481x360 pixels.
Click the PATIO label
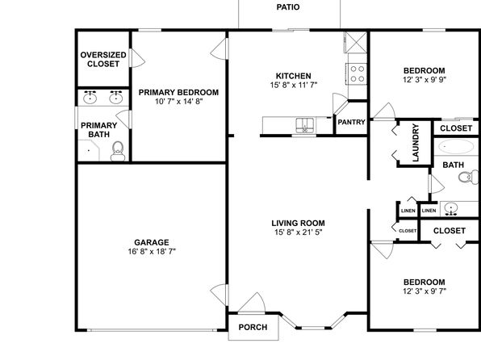click(x=288, y=7)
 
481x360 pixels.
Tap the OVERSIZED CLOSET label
click(x=103, y=59)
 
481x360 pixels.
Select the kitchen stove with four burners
click(x=357, y=73)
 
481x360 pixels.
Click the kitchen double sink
click(x=305, y=125)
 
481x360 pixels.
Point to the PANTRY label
click(x=351, y=122)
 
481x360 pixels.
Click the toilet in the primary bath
click(x=118, y=151)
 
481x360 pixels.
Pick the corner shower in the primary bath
click(x=89, y=150)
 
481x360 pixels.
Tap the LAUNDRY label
click(x=416, y=143)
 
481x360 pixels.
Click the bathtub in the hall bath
click(x=455, y=147)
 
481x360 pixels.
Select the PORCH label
click(x=253, y=327)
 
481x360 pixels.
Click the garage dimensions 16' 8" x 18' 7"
click(x=152, y=252)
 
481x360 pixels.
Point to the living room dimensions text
click(x=298, y=232)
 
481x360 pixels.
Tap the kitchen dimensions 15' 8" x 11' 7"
click(x=294, y=85)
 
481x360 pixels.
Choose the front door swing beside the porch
click(x=253, y=303)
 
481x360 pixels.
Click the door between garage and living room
click(x=220, y=295)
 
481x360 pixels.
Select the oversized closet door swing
click(x=137, y=58)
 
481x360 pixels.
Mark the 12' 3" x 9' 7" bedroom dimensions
click(x=425, y=291)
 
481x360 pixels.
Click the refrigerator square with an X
click(x=356, y=42)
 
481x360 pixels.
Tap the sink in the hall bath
click(x=450, y=209)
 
